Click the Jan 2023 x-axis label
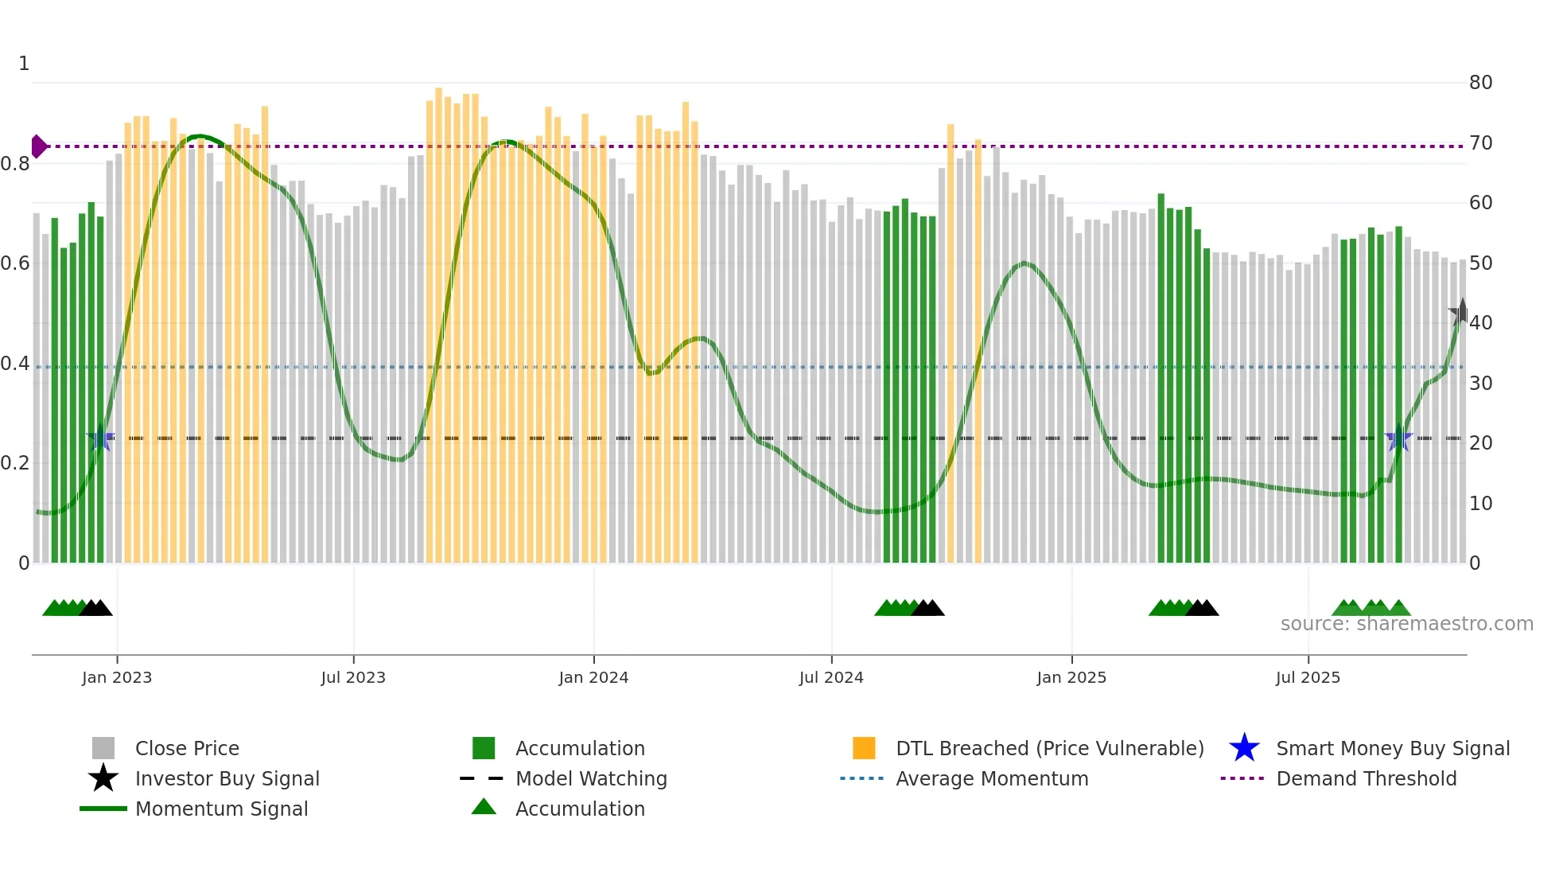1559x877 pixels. click(x=117, y=677)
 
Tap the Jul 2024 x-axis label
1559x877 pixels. click(x=831, y=677)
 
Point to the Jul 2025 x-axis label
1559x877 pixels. click(x=1308, y=677)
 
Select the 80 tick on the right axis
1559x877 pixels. click(x=1480, y=83)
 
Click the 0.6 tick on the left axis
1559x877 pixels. click(x=15, y=263)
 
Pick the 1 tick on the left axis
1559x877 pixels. click(x=24, y=64)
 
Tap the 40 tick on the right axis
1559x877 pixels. click(x=1480, y=323)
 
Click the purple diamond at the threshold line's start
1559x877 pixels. click(x=38, y=146)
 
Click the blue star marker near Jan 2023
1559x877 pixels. click(x=100, y=438)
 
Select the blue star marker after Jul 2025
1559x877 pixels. click(x=1398, y=438)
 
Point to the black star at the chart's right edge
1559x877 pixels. click(x=1461, y=313)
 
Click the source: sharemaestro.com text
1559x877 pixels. click(x=1406, y=624)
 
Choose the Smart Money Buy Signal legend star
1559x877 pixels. click(x=1244, y=748)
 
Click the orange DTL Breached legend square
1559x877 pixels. click(x=864, y=748)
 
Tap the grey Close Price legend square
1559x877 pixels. click(x=103, y=748)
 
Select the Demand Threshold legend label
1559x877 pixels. click(x=1366, y=778)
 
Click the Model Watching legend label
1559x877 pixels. click(x=591, y=778)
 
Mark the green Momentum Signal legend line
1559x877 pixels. click(x=103, y=809)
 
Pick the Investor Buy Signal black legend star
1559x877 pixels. click(x=103, y=778)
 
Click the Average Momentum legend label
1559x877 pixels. click(x=992, y=778)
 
